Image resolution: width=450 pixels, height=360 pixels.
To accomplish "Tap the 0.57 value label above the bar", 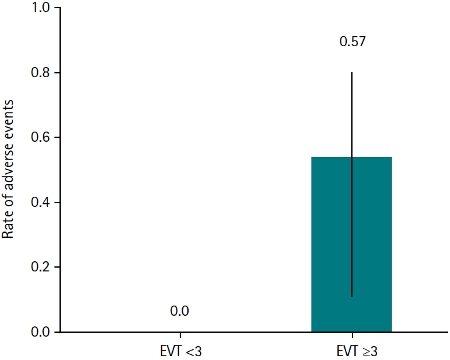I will point(352,43).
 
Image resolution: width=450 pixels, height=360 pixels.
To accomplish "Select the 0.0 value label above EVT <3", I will point(180,311).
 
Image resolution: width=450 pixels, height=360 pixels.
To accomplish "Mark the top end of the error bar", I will point(352,73).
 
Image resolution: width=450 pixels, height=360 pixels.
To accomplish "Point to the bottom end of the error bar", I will point(352,296).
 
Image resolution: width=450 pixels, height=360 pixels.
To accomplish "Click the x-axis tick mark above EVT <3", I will point(180,335).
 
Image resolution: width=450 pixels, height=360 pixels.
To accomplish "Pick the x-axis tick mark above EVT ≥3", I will point(352,335).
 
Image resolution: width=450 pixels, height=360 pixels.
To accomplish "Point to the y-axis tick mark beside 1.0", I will point(58,8).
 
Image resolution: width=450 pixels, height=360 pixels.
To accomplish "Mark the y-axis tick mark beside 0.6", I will point(58,138).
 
